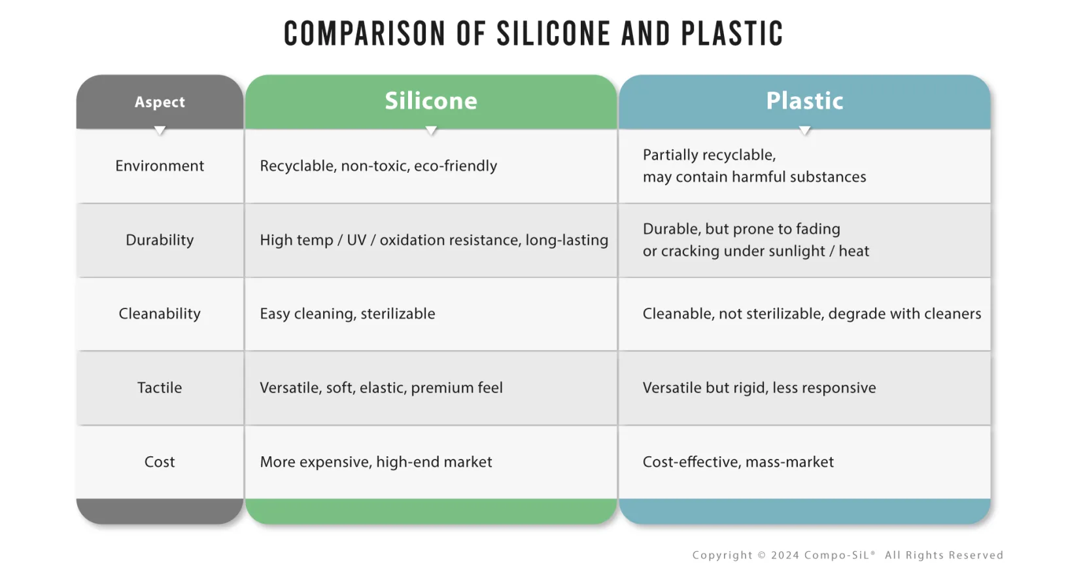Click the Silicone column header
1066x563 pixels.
(431, 101)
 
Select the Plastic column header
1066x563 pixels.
(804, 101)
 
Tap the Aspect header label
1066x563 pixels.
(160, 102)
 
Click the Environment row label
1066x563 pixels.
(160, 166)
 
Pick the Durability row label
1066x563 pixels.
(160, 240)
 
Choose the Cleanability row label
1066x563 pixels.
(160, 314)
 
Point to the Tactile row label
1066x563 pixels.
(160, 388)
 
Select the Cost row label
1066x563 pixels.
(160, 462)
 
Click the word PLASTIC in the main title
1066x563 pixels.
(732, 33)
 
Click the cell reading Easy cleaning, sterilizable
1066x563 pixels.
(347, 314)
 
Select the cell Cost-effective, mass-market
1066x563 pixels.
(738, 462)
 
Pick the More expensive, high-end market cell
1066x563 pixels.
(376, 462)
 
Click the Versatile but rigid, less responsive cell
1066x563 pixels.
(759, 388)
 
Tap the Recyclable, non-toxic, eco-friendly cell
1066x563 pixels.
(379, 166)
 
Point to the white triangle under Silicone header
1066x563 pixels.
(431, 130)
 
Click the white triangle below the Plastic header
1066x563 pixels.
(805, 130)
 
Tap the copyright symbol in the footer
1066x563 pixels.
(762, 555)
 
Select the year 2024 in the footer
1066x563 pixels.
(785, 555)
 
